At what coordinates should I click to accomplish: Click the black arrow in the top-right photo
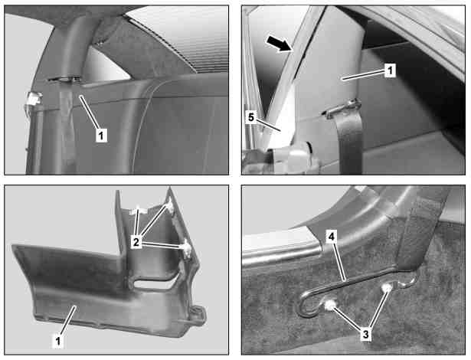[279, 44]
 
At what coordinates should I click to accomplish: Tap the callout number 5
[251, 117]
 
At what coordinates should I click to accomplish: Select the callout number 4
[331, 237]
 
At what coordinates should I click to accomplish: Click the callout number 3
[366, 334]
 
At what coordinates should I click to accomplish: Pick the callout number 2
[136, 242]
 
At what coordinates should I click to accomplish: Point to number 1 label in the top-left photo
[101, 136]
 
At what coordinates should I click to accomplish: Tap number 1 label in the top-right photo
[390, 70]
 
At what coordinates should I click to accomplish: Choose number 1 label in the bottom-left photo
[58, 342]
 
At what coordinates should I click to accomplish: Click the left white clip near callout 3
[330, 306]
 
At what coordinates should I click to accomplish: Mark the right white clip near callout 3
[386, 289]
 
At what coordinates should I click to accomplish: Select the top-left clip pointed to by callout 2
[137, 210]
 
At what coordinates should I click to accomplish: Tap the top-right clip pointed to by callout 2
[170, 206]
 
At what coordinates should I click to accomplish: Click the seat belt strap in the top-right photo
[350, 141]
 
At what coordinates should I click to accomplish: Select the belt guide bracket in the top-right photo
[342, 109]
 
